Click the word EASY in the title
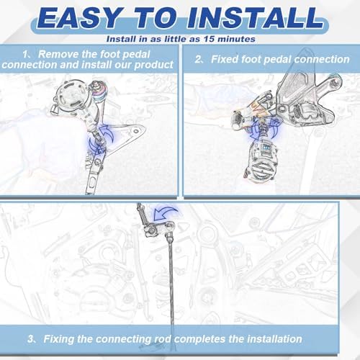click(x=81, y=18)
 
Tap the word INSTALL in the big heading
click(x=256, y=18)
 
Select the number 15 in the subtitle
click(x=209, y=39)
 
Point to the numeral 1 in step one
click(x=25, y=55)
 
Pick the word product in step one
click(x=153, y=65)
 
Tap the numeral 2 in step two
click(x=198, y=59)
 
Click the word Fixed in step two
click(x=225, y=59)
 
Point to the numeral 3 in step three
click(x=30, y=339)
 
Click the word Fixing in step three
click(x=59, y=340)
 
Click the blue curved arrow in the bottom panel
click(x=163, y=212)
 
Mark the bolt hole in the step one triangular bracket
click(x=136, y=131)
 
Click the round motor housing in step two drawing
click(x=261, y=161)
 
